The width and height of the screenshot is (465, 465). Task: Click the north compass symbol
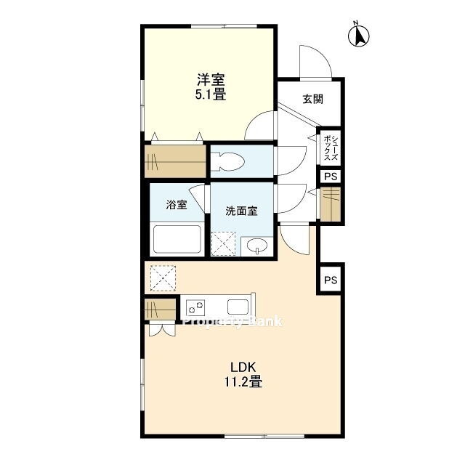pyautogui.click(x=358, y=36)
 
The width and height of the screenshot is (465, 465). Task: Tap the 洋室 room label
pyautogui.click(x=211, y=79)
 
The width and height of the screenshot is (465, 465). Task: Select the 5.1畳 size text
pyautogui.click(x=211, y=94)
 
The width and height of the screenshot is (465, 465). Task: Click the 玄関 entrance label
pyautogui.click(x=312, y=99)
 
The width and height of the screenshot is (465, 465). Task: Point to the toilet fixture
pyautogui.click(x=227, y=161)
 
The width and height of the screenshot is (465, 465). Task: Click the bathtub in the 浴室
pyautogui.click(x=177, y=239)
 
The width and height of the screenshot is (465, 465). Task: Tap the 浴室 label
pyautogui.click(x=177, y=205)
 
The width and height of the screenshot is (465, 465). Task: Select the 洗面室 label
pyautogui.click(x=241, y=211)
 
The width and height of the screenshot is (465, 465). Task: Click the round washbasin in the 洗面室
pyautogui.click(x=256, y=246)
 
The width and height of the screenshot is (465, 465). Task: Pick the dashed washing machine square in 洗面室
pyautogui.click(x=223, y=244)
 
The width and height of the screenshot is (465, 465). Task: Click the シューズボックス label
pyautogui.click(x=331, y=147)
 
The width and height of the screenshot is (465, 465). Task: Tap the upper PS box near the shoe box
pyautogui.click(x=331, y=177)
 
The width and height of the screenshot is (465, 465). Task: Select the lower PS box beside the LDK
pyautogui.click(x=331, y=279)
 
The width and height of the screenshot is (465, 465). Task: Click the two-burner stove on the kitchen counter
pyautogui.click(x=195, y=307)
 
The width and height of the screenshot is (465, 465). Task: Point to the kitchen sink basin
pyautogui.click(x=238, y=307)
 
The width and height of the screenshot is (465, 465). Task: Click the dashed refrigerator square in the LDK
pyautogui.click(x=163, y=278)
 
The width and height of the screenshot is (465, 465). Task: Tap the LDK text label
pyautogui.click(x=243, y=368)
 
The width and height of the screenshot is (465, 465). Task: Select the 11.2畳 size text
pyautogui.click(x=243, y=381)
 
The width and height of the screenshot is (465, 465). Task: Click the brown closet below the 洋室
pyautogui.click(x=175, y=161)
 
